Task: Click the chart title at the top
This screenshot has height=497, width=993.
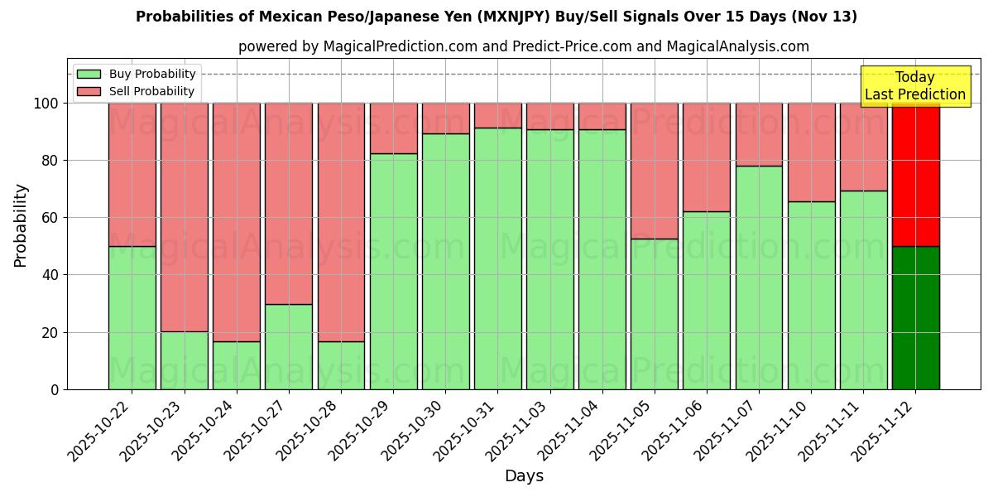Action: pyautogui.click(x=496, y=17)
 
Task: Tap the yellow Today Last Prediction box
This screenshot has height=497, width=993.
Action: pyautogui.click(x=914, y=86)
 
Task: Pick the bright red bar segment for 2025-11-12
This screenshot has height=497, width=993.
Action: pyautogui.click(x=915, y=174)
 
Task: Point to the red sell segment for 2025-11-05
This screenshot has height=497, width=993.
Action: pyautogui.click(x=655, y=171)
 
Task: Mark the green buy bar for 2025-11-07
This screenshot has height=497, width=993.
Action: pyautogui.click(x=759, y=277)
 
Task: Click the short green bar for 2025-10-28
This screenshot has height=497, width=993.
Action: pyautogui.click(x=341, y=365)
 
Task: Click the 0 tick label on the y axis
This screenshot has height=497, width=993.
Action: pyautogui.click(x=55, y=389)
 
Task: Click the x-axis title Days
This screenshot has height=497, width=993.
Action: pyautogui.click(x=524, y=475)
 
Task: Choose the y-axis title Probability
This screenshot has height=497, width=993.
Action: pyautogui.click(x=21, y=225)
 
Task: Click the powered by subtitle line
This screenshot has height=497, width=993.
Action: pyautogui.click(x=523, y=46)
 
